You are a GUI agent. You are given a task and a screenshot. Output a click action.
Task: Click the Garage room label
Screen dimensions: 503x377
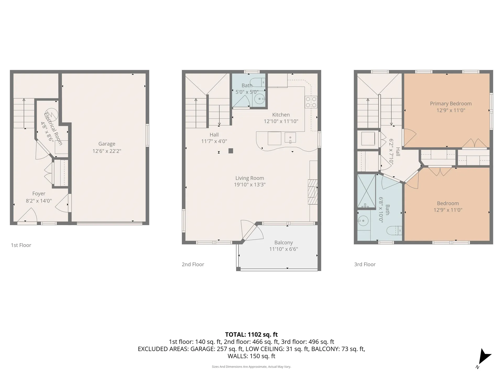(x=107, y=144)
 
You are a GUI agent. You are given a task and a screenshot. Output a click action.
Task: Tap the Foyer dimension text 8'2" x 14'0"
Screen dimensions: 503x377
(x=39, y=201)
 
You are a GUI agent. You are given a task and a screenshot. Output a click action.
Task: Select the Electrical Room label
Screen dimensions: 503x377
(x=53, y=129)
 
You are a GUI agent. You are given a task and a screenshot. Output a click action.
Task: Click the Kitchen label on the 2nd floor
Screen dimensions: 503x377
(x=281, y=115)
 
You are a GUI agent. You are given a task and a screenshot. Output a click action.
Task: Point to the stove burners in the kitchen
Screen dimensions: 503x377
(x=311, y=102)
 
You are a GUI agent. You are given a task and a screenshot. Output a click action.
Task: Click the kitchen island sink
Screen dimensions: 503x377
(x=290, y=138)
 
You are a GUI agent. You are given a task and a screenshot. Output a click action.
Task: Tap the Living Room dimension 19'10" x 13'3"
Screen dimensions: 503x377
(x=250, y=185)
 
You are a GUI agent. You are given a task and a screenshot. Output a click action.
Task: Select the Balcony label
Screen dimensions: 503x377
(x=283, y=243)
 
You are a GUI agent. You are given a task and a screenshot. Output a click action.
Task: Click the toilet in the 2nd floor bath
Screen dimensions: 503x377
(x=258, y=82)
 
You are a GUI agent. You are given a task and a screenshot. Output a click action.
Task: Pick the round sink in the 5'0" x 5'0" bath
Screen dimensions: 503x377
(x=260, y=99)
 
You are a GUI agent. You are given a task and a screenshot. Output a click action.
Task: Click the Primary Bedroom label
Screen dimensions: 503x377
(x=451, y=104)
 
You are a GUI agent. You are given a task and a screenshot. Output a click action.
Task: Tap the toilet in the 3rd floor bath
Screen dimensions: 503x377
(x=394, y=230)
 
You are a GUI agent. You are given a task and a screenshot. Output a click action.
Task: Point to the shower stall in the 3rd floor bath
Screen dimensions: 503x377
(x=367, y=191)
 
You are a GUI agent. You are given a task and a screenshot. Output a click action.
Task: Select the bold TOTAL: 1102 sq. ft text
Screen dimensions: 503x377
(x=251, y=335)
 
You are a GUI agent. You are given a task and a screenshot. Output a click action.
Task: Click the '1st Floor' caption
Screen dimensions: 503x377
(x=21, y=245)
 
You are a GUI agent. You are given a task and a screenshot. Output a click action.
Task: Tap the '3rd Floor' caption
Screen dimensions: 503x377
(x=365, y=264)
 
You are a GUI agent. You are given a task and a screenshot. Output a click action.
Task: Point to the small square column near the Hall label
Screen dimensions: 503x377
(x=231, y=151)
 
